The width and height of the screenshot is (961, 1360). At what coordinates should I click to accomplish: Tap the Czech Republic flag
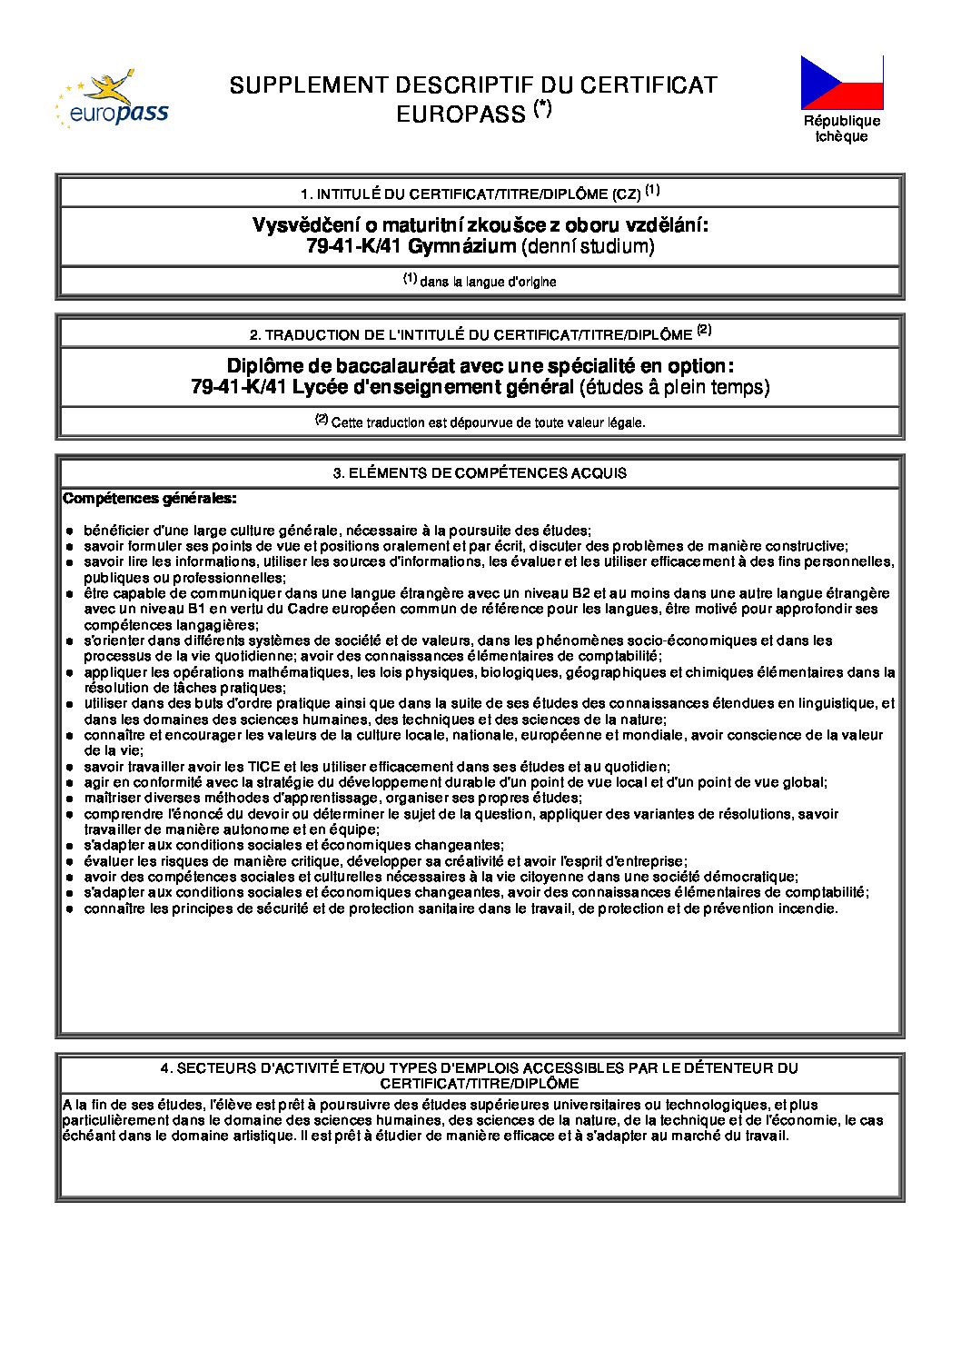pyautogui.click(x=841, y=82)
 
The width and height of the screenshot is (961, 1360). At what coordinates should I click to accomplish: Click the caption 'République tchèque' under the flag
pyautogui.click(x=841, y=128)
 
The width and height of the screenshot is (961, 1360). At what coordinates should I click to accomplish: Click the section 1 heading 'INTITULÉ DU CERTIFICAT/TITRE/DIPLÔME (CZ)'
pyautogui.click(x=479, y=194)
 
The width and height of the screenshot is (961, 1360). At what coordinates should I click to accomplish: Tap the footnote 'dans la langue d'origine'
pyautogui.click(x=488, y=282)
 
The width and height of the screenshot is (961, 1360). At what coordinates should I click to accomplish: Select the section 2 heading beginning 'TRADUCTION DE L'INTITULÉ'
pyautogui.click(x=479, y=334)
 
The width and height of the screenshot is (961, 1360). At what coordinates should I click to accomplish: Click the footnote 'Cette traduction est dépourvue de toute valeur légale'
pyautogui.click(x=488, y=422)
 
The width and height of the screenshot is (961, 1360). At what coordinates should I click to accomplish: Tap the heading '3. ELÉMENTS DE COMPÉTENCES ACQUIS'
pyautogui.click(x=480, y=473)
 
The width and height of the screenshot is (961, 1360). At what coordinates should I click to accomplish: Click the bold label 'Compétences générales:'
pyautogui.click(x=150, y=498)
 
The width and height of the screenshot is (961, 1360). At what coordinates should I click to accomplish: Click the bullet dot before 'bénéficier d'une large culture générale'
pyautogui.click(x=69, y=531)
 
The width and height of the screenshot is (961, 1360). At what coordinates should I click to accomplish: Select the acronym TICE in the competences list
pyautogui.click(x=265, y=767)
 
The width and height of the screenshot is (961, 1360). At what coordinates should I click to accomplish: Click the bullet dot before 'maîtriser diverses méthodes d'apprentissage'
pyautogui.click(x=69, y=798)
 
